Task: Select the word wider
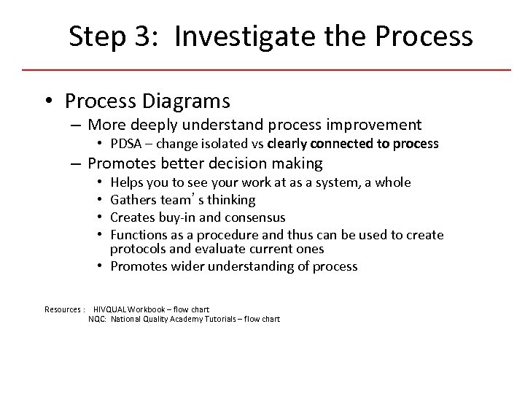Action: (184, 266)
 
